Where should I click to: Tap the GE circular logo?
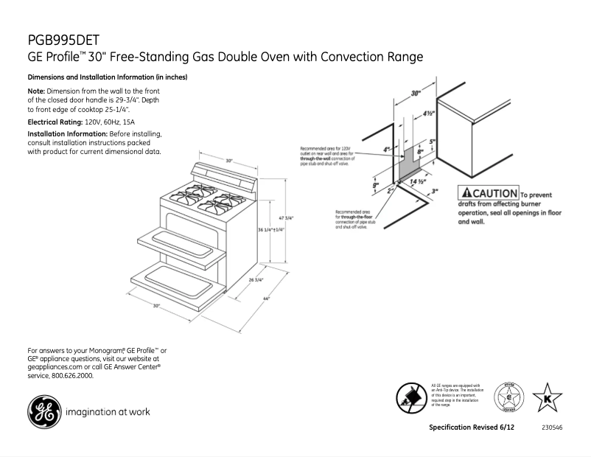coord(43,412)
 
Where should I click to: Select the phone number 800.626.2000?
coord(72,375)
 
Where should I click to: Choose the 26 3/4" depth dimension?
coord(256,280)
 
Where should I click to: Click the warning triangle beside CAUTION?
coord(466,193)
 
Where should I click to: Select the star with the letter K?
coord(547,399)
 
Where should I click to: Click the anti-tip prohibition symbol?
coord(410,397)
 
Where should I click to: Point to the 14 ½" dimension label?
coord(418,181)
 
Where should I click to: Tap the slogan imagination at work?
coord(108,412)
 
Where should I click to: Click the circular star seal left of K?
coord(507,398)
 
